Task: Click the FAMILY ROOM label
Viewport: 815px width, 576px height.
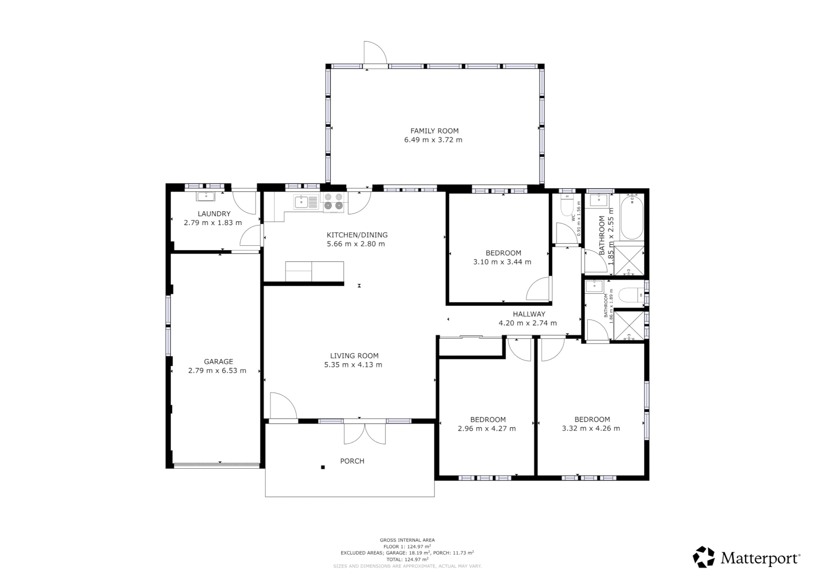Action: tap(434, 131)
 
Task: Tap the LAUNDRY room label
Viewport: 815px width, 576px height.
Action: tap(214, 214)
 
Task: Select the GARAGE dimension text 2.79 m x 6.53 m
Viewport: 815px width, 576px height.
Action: tap(217, 371)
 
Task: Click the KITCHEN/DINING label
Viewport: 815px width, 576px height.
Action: tap(357, 235)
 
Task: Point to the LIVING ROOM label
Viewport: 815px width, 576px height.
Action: tap(354, 356)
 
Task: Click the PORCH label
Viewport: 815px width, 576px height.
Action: tap(352, 461)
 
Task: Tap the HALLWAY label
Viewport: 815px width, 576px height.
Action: tap(529, 314)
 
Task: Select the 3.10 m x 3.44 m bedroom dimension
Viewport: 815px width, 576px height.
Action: tap(502, 262)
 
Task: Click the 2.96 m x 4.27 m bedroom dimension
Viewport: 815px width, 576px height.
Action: tap(486, 428)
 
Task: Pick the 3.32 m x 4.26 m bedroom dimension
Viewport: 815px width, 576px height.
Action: tap(591, 428)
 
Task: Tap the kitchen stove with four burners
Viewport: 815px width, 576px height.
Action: tap(333, 202)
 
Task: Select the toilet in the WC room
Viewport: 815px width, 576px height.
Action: tap(567, 205)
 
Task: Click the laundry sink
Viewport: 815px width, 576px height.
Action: tap(206, 196)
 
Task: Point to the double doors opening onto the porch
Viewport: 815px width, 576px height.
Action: tap(364, 433)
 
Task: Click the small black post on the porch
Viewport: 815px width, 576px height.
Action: tap(323, 468)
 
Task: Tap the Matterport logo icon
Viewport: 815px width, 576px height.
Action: tap(704, 557)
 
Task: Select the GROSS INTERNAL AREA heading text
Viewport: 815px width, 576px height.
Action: tap(407, 540)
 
